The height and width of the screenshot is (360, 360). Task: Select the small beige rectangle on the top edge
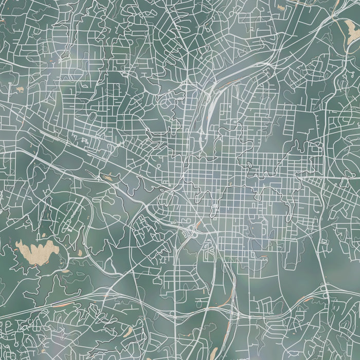pyautogui.click(x=280, y=7)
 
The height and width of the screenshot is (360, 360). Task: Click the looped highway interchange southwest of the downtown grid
pyautogui.click(x=169, y=196)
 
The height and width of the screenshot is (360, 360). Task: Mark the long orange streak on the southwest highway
pyautogui.click(x=57, y=303)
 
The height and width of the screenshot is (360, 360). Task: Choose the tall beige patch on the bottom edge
pyautogui.click(x=213, y=353)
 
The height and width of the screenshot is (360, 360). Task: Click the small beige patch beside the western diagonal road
pyautogui.click(x=108, y=178)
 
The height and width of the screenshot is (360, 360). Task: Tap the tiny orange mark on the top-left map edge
pyautogui.click(x=2, y=21)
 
